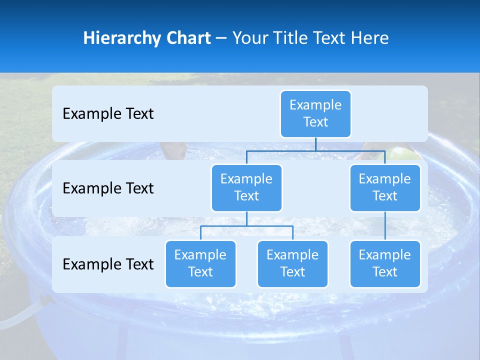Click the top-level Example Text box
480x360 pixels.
[x=315, y=113]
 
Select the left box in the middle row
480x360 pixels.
[x=246, y=187]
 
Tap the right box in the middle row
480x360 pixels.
[x=385, y=187]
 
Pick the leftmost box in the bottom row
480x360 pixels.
[x=200, y=263]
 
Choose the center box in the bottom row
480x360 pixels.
[x=292, y=263]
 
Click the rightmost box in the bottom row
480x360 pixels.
[x=385, y=263]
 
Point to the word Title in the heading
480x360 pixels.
[x=288, y=38]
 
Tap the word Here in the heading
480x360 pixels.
[x=370, y=38]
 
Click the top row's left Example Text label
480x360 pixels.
[x=108, y=113]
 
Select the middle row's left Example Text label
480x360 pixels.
[x=108, y=188]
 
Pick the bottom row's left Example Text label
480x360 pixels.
[x=108, y=264]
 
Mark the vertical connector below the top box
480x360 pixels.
[x=315, y=144]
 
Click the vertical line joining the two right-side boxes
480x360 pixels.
[x=385, y=226]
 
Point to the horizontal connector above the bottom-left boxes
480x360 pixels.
[x=246, y=226]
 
